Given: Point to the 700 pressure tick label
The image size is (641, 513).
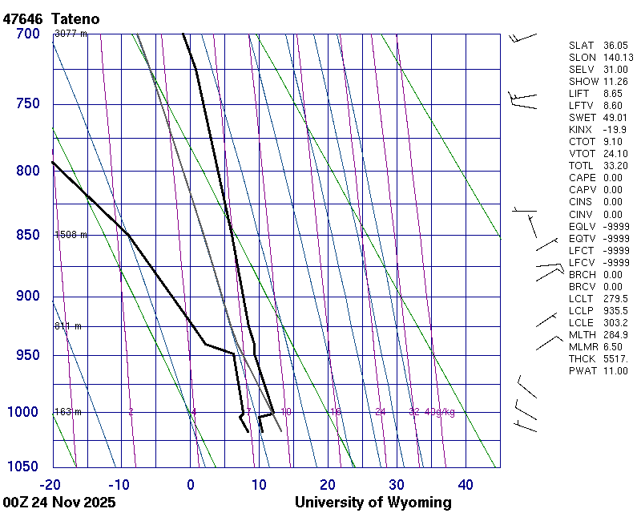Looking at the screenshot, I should (28, 34).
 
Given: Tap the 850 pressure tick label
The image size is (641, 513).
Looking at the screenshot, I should (28, 235).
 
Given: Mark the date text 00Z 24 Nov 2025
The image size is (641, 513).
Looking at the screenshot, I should (59, 503).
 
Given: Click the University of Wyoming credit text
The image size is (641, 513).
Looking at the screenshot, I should (373, 503).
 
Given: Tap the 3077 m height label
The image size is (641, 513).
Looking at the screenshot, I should (71, 34).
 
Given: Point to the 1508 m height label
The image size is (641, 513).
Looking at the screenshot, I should (71, 235).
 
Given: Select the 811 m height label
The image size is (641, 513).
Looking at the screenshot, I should (68, 326).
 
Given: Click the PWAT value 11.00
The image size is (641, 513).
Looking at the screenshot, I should (615, 371).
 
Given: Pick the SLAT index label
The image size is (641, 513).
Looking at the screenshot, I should (583, 46).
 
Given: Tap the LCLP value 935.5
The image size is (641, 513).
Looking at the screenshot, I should (615, 311).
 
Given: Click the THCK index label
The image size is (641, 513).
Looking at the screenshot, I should (583, 359).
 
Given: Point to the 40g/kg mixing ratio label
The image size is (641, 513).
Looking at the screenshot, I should (441, 412).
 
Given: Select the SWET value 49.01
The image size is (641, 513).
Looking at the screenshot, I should (615, 118).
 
